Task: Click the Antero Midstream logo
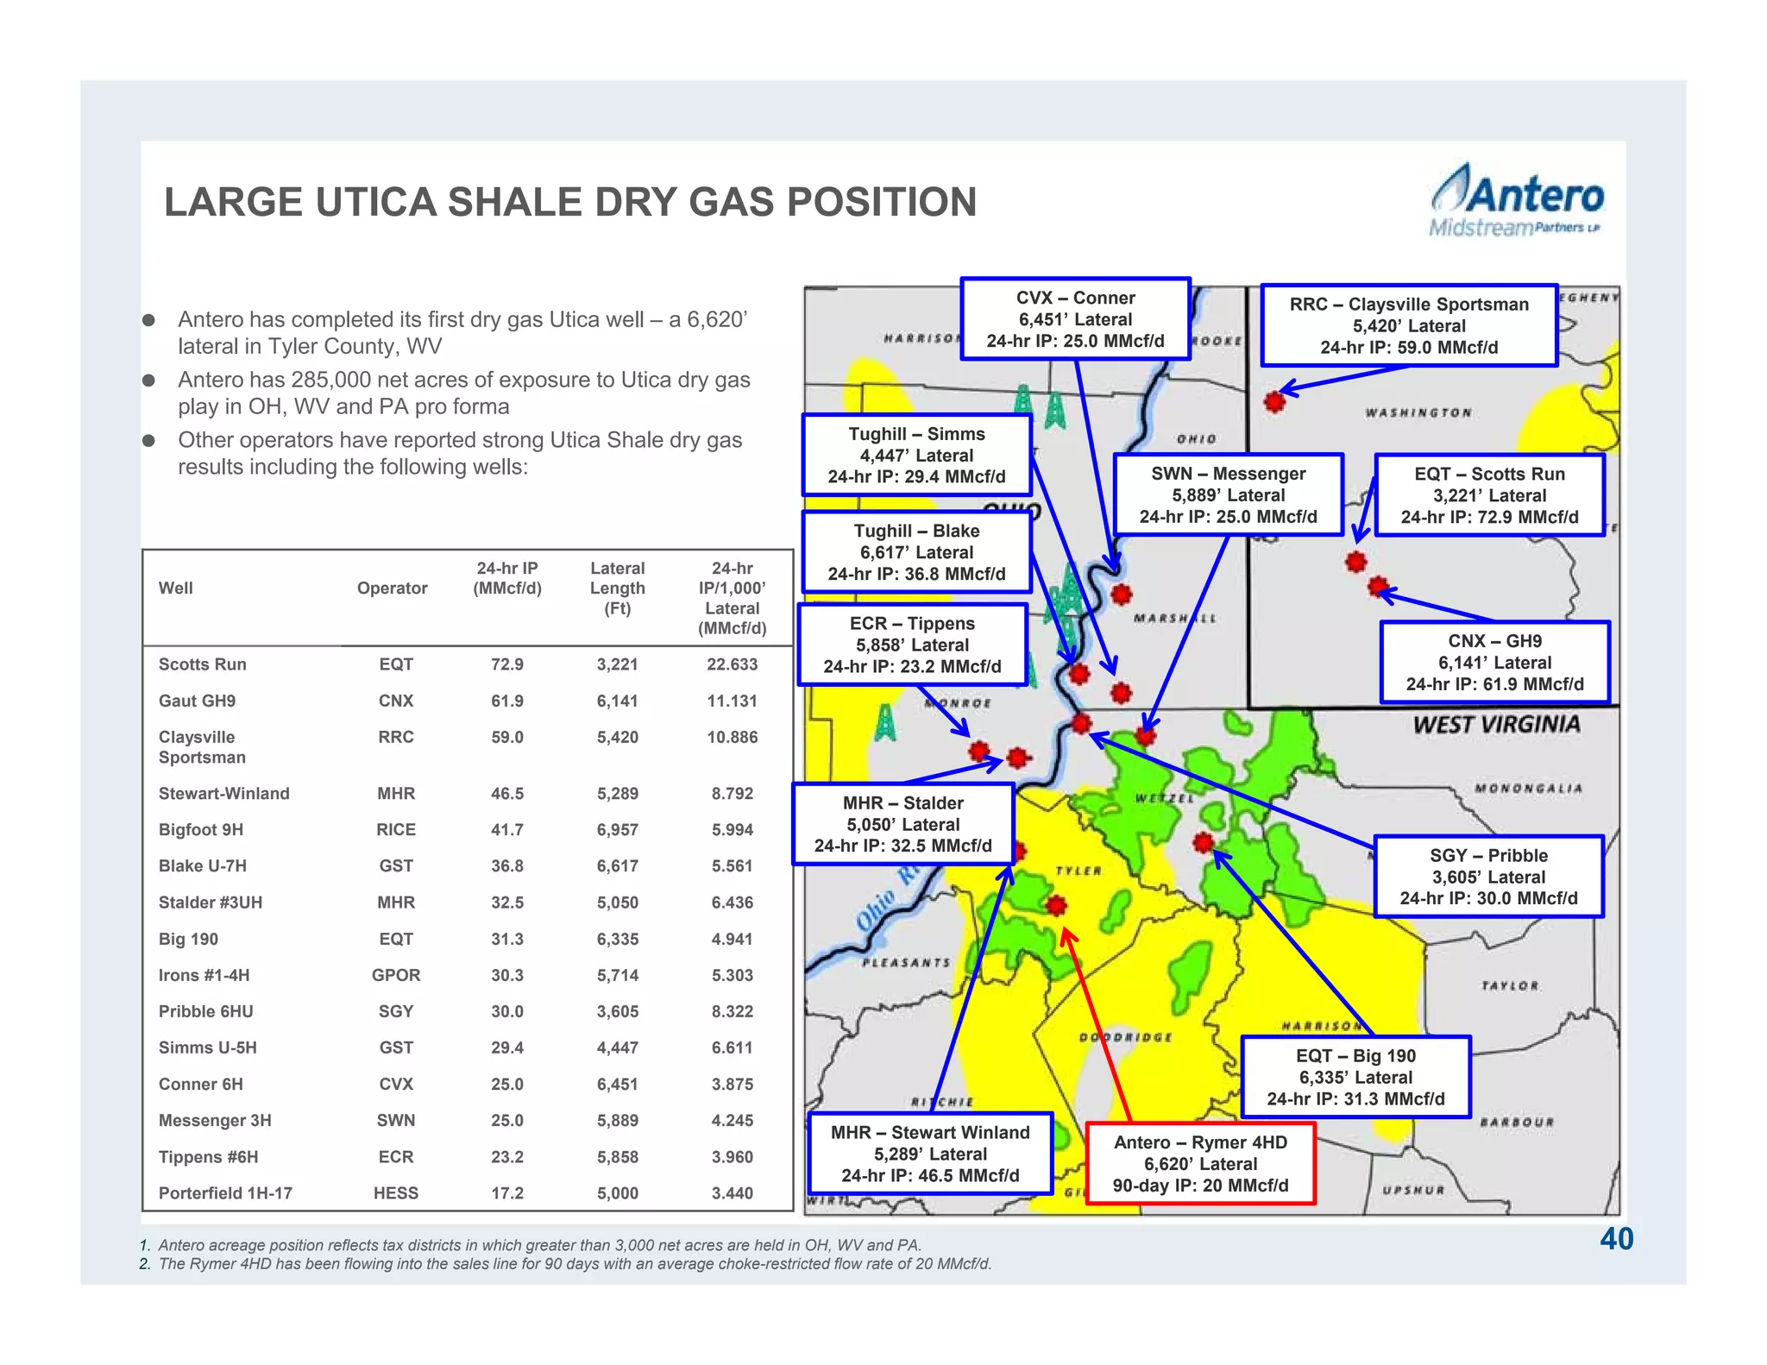(x=1517, y=201)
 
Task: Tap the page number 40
(x=1616, y=1239)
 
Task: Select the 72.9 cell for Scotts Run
(x=507, y=664)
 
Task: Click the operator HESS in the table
(x=396, y=1193)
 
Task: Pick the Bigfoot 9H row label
(x=201, y=830)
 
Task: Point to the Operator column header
(x=393, y=588)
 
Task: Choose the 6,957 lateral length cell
(x=618, y=830)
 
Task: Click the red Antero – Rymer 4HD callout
(x=1200, y=1164)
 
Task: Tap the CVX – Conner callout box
(x=1075, y=319)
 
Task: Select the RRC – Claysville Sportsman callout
(x=1409, y=326)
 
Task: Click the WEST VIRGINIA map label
(x=1497, y=725)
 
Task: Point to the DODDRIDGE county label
(x=1126, y=1037)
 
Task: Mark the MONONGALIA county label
(x=1528, y=789)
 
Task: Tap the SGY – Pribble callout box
(x=1488, y=877)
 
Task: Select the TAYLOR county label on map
(x=1510, y=985)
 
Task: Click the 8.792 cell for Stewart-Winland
(x=733, y=794)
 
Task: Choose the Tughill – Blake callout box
(x=916, y=552)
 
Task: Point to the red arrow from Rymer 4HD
(x=1097, y=1027)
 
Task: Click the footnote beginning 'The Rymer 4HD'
(x=574, y=1264)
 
